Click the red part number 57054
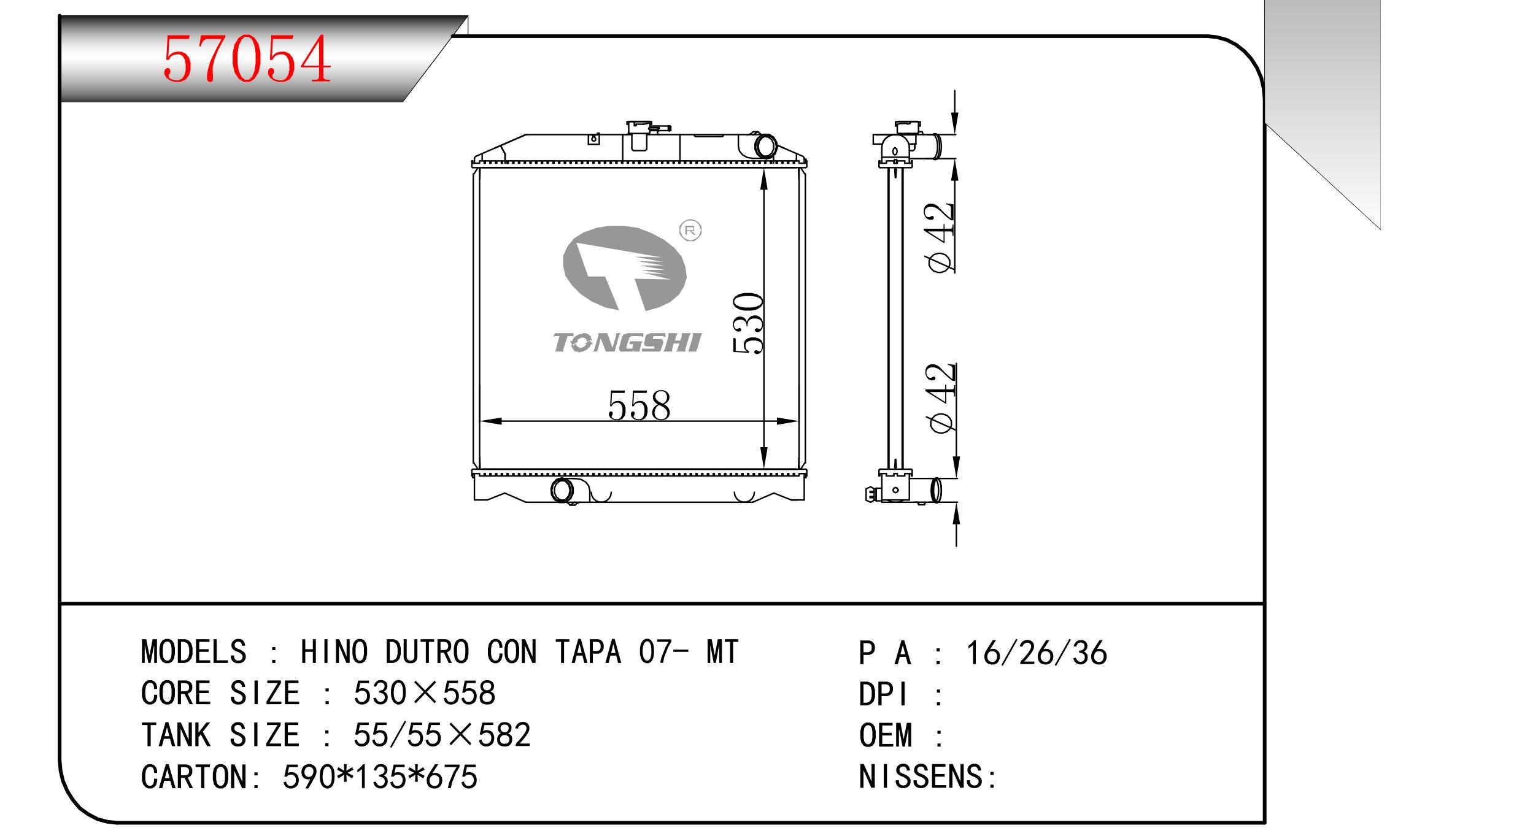point(247,59)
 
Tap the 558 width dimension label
point(639,405)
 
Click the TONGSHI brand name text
point(627,343)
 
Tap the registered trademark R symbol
point(690,231)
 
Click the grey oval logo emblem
point(624,268)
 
